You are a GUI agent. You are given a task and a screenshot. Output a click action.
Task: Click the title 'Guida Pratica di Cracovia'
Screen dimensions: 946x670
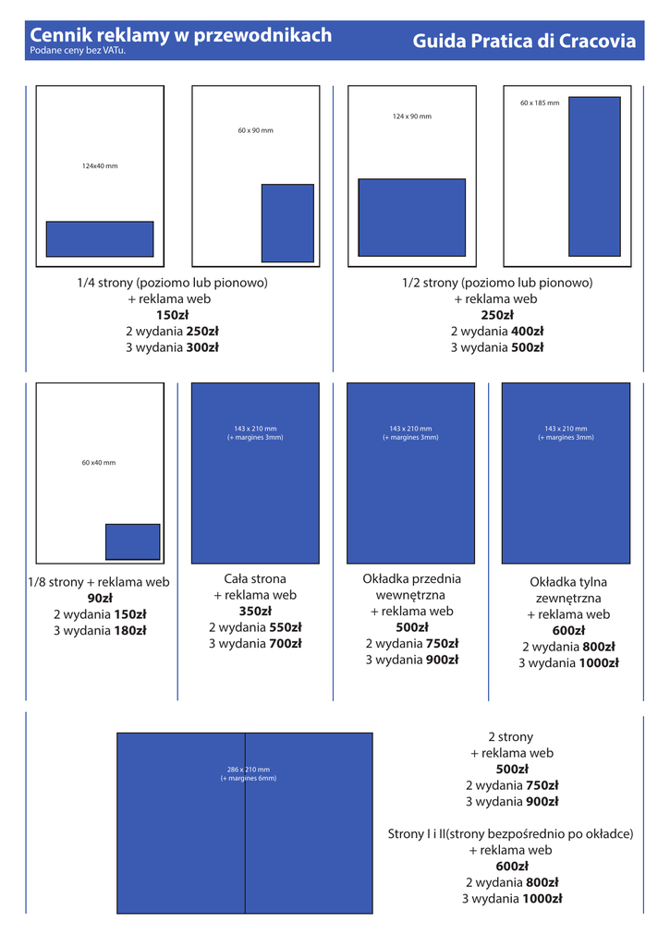pos(524,41)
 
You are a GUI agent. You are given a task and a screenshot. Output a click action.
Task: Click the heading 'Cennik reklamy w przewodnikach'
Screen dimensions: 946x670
pos(181,35)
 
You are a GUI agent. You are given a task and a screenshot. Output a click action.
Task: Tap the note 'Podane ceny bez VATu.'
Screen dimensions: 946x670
pos(78,51)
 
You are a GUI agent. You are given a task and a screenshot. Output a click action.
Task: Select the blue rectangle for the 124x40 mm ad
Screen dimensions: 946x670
pos(100,238)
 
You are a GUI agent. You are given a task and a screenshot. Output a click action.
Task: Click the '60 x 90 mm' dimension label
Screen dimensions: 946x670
pos(255,130)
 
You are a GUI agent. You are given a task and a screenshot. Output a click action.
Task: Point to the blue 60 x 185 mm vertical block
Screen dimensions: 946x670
pos(594,176)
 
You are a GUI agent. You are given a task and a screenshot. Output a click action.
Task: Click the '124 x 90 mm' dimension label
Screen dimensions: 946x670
pos(411,116)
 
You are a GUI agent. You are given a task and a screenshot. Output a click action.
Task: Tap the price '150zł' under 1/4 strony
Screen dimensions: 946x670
pos(172,315)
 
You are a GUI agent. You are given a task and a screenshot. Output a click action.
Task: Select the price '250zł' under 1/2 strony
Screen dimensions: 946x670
pos(497,315)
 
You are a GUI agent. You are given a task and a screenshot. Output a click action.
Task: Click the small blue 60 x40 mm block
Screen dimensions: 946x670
pos(133,541)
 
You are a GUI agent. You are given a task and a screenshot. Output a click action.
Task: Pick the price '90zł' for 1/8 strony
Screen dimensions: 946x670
pos(100,598)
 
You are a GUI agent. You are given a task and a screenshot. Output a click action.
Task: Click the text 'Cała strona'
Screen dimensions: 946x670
pos(255,579)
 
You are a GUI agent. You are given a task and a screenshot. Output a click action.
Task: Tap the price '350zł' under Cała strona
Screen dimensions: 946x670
pos(255,611)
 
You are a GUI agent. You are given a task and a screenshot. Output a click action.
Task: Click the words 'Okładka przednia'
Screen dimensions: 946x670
pos(411,578)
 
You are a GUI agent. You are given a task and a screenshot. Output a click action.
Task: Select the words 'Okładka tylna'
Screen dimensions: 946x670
pos(568,582)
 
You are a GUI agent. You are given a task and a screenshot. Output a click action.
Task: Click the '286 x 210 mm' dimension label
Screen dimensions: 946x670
pos(249,770)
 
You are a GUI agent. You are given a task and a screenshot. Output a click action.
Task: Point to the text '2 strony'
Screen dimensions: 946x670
pos(511,736)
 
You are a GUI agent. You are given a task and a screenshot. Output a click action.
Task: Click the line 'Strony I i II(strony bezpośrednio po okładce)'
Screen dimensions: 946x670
pos(511,833)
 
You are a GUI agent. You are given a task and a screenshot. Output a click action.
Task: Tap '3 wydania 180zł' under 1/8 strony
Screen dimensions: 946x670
pos(100,630)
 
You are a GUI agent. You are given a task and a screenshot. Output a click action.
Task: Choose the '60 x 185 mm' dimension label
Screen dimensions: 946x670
pos(540,103)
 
